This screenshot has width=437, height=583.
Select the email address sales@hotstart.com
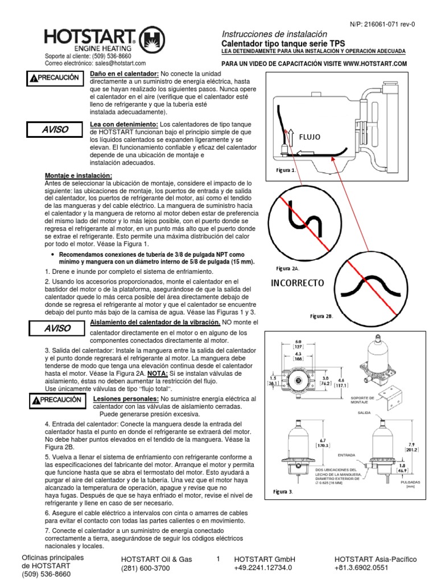pos(119,64)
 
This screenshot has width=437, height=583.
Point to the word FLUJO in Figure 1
pos(310,137)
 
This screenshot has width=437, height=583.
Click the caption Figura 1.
pos(286,170)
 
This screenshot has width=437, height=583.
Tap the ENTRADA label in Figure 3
pos(347,455)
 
